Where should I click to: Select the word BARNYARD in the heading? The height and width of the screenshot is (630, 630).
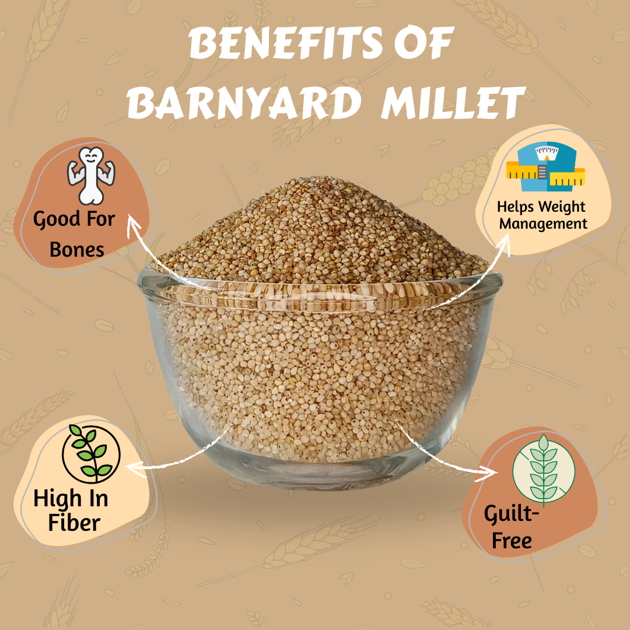pos(244,103)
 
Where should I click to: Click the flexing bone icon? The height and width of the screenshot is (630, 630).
pos(91,176)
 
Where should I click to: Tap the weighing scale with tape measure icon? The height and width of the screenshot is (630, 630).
pos(545,166)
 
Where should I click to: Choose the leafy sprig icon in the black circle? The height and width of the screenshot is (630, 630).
pos(91,454)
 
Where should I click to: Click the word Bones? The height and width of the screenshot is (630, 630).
pos(77,250)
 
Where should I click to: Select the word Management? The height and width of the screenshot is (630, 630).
pos(543,223)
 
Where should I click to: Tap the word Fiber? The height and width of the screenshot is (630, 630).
pos(74,523)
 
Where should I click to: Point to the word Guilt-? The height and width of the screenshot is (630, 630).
pos(511,514)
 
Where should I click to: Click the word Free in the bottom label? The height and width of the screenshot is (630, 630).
pos(512,540)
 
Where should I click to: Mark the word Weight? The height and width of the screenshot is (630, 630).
pos(562,207)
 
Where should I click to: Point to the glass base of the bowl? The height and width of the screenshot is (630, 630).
pos(317,474)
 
